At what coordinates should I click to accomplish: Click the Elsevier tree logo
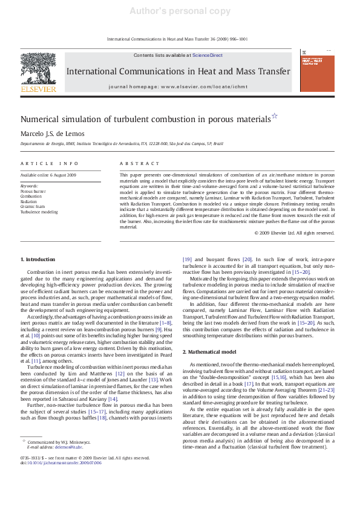pyautogui.click(x=39, y=69)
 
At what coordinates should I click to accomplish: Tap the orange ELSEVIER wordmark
pyautogui.click(x=39, y=89)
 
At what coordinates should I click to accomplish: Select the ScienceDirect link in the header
pyautogui.click(x=207, y=55)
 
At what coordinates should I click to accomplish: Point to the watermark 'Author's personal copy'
pyautogui.click(x=180, y=11)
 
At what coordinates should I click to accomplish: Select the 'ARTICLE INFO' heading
pyautogui.click(x=50, y=163)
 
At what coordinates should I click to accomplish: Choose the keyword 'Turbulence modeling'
pyautogui.click(x=39, y=212)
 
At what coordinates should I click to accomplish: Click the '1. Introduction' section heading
pyautogui.click(x=38, y=259)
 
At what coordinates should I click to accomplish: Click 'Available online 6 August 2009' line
pyautogui.click(x=48, y=175)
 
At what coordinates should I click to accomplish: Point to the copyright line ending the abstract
pyautogui.click(x=294, y=233)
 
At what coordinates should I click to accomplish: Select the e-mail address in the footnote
pyautogui.click(x=68, y=447)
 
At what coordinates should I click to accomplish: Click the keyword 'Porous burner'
pyautogui.click(x=33, y=191)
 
